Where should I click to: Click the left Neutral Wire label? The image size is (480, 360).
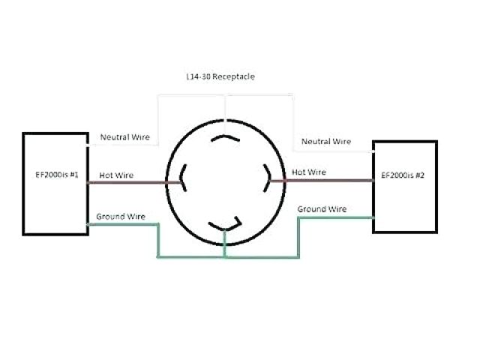(x=125, y=138)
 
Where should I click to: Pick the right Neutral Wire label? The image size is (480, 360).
(x=326, y=141)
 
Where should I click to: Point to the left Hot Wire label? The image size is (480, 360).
(x=116, y=175)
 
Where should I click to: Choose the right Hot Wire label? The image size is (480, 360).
(x=309, y=172)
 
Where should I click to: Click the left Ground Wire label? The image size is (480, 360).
(x=121, y=216)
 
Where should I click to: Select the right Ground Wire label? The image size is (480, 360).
(x=322, y=209)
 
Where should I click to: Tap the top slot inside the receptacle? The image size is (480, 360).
(x=226, y=139)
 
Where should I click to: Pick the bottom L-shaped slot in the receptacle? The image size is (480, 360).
(x=226, y=224)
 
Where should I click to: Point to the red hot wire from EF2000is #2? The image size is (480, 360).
(x=322, y=180)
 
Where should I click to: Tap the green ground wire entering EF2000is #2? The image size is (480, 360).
(x=337, y=217)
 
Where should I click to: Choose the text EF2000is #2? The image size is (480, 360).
(x=403, y=175)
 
